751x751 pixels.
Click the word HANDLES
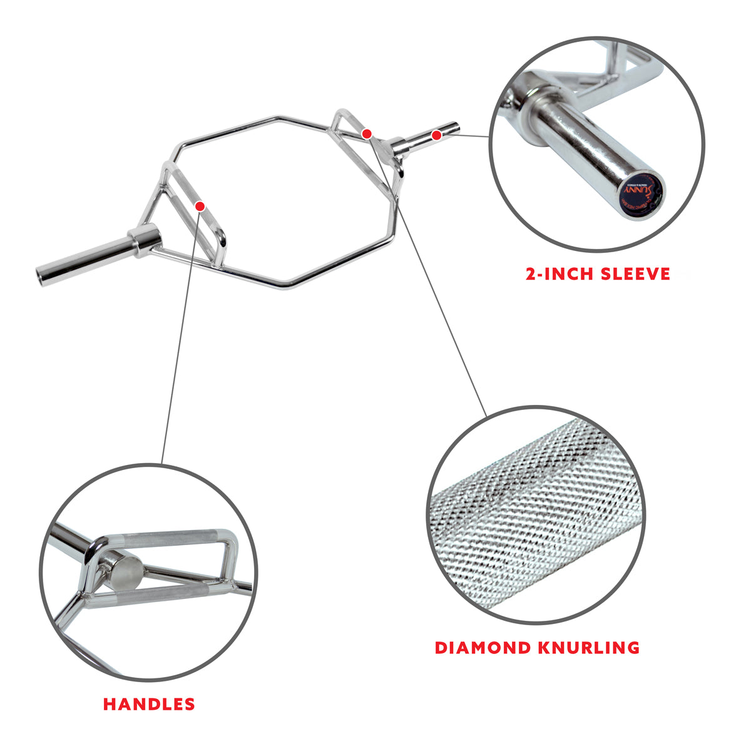click(x=149, y=703)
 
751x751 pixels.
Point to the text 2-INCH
click(x=554, y=273)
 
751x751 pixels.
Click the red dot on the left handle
click(x=200, y=205)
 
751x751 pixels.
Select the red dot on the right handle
click(x=367, y=133)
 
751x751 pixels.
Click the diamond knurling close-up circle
click(x=533, y=514)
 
